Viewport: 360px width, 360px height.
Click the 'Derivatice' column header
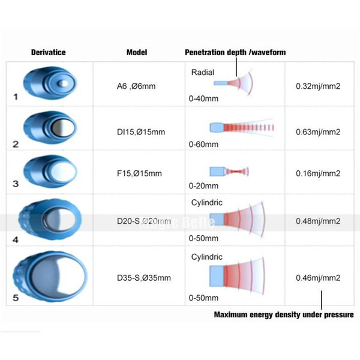[49, 52]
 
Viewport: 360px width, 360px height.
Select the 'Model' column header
[137, 52]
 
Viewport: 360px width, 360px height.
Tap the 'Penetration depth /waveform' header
[235, 52]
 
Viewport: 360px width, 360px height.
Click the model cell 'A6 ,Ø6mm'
[136, 86]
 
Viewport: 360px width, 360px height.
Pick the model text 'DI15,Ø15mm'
[141, 132]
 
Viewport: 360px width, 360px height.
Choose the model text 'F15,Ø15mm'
[139, 173]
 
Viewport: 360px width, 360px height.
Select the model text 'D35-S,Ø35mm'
[144, 278]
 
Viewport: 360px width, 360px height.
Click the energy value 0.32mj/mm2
[318, 86]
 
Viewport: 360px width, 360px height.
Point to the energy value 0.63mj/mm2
[318, 132]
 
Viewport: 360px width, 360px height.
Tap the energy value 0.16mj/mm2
[318, 173]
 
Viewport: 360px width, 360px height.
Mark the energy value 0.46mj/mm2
[318, 278]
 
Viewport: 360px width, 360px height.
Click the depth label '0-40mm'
[203, 99]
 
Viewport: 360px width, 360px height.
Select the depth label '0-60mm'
[203, 145]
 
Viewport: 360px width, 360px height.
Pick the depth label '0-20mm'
[203, 186]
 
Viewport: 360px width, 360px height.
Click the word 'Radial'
[203, 73]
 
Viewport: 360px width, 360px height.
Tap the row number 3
[16, 184]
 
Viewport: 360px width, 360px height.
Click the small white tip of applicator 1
[62, 83]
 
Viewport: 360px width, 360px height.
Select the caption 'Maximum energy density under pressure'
[284, 314]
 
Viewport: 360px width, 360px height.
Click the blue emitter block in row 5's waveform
[217, 276]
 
